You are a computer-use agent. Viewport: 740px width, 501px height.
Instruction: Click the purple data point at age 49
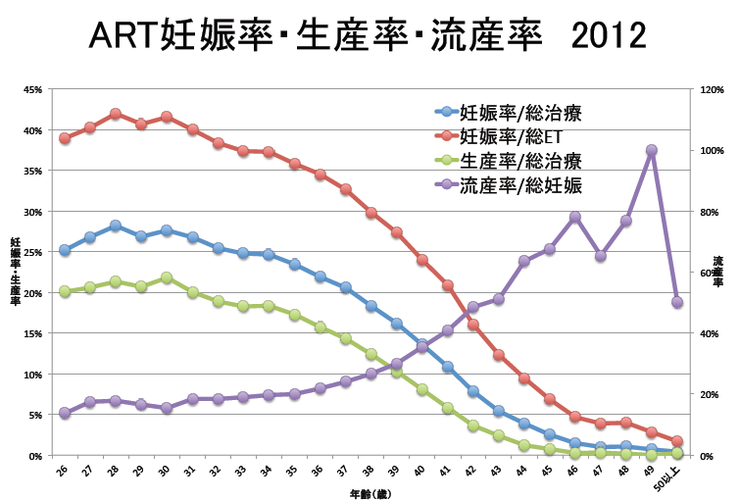(x=652, y=150)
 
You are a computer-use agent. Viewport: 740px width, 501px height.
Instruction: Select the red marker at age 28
(x=116, y=114)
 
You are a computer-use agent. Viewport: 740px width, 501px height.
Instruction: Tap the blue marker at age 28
(x=116, y=225)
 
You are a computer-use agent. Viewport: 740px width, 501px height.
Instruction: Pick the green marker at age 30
(x=167, y=277)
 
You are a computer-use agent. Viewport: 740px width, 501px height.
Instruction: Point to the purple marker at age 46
(x=575, y=217)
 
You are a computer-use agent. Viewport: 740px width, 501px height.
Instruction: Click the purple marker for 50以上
(x=677, y=302)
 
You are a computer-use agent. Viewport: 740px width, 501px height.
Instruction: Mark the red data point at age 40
(x=422, y=260)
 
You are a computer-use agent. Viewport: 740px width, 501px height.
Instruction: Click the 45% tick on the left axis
(x=32, y=89)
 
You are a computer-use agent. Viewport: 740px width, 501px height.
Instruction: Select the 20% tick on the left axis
(x=32, y=293)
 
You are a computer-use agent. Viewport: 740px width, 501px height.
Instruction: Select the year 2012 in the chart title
(x=600, y=35)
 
